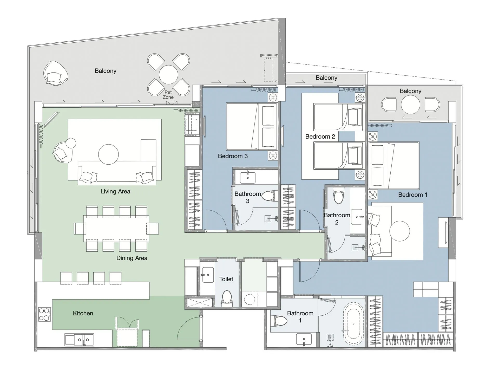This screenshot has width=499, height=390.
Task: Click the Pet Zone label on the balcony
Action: (x=168, y=95)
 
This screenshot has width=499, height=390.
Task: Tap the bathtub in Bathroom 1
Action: (x=353, y=324)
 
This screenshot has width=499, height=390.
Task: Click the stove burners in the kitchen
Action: (x=44, y=314)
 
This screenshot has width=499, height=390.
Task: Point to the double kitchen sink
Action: (x=79, y=340)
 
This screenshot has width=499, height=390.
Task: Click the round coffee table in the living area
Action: (x=108, y=154)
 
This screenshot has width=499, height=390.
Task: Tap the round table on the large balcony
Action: (x=168, y=75)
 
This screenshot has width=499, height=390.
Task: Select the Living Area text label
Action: (x=115, y=192)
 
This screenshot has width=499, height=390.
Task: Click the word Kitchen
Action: (x=83, y=313)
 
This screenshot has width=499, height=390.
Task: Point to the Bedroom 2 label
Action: (x=320, y=136)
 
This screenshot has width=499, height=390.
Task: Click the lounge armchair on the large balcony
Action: (x=55, y=73)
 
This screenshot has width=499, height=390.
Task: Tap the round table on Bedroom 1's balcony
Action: (x=410, y=105)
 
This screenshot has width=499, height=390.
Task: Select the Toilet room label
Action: (x=226, y=279)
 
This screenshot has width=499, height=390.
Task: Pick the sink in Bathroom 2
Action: (x=357, y=217)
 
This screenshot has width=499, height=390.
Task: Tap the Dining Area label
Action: (x=132, y=258)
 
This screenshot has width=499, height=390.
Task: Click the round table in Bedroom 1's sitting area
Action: (x=399, y=231)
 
